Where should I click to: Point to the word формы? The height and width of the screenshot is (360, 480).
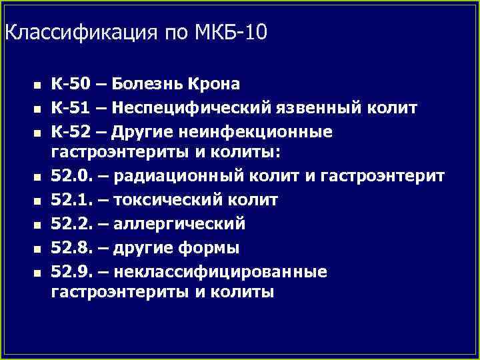pyautogui.click(x=211, y=248)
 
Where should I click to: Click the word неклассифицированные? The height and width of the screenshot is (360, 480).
pyautogui.click(x=221, y=271)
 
